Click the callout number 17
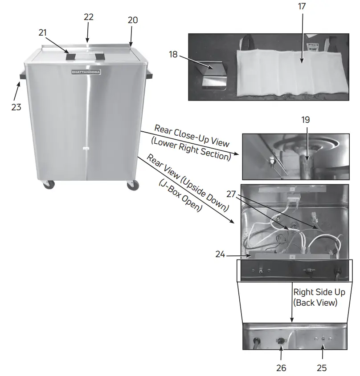coord(302,7)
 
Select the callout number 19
coord(305,120)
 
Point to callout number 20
coord(132,20)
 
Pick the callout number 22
coord(89,16)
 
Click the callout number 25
coord(321,368)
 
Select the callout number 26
coord(281,368)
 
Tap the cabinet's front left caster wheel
coord(48,185)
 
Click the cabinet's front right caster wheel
coord(132,186)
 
